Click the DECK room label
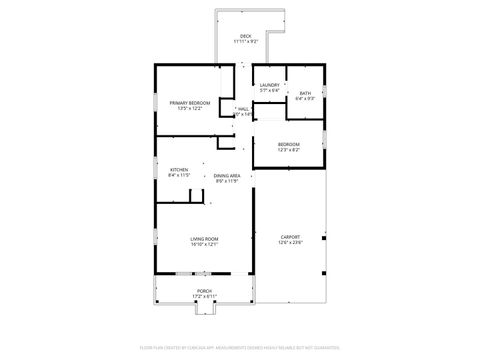pyautogui.click(x=245, y=36)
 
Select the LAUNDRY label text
pyautogui.click(x=269, y=85)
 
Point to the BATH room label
pyautogui.click(x=305, y=93)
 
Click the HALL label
pyautogui.click(x=243, y=108)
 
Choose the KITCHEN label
pyautogui.click(x=179, y=169)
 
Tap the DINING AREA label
pyautogui.click(x=228, y=175)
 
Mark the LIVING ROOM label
pyautogui.click(x=205, y=238)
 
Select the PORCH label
pyautogui.click(x=204, y=291)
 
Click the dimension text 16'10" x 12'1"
pyautogui.click(x=205, y=244)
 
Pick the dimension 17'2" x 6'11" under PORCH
pyautogui.click(x=204, y=297)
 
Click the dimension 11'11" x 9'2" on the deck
pyautogui.click(x=245, y=42)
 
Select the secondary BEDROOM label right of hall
pyautogui.click(x=288, y=143)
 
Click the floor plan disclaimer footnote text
pyautogui.click(x=240, y=347)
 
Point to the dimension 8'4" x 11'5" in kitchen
pyautogui.click(x=179, y=175)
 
